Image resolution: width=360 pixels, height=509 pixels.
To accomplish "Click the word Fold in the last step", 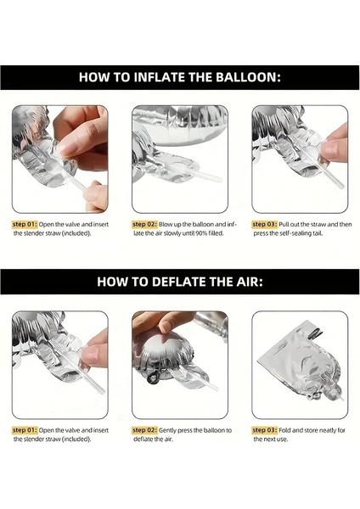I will (287, 429).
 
